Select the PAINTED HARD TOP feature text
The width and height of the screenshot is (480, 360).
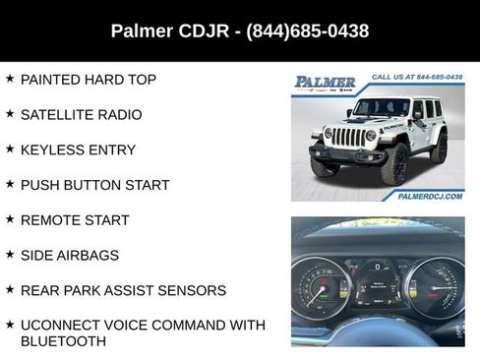pos(88,80)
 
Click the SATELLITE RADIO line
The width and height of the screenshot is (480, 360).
pos(81,115)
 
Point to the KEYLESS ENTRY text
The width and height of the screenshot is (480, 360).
pos(78,150)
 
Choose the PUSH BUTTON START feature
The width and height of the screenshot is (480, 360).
pos(94,185)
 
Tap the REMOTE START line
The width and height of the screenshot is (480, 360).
pos(75,220)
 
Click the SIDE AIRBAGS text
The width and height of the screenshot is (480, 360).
pos(69,256)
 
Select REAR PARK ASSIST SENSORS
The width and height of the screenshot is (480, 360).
pos(123,291)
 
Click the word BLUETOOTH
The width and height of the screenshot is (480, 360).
pos(63,341)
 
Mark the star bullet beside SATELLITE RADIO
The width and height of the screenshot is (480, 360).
pos(10,114)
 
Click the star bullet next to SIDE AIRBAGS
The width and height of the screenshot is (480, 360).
pos(10,255)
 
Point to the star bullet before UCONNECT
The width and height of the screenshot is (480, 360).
pos(10,325)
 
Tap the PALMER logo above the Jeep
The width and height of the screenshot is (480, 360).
pos(327,83)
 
